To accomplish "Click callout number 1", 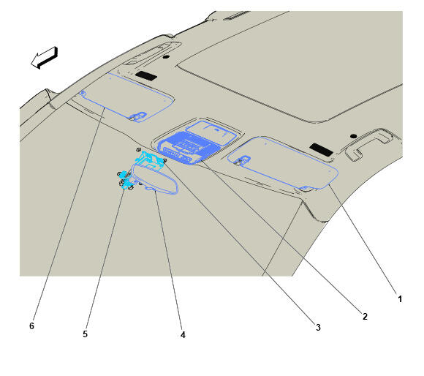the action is tap(400, 299).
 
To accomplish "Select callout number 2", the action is tap(365, 316).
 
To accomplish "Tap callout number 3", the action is tap(318, 327).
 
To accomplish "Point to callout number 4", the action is tap(183, 335).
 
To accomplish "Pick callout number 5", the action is tap(86, 334).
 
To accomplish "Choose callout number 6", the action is tap(31, 326).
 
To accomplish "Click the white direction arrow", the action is tap(45, 58).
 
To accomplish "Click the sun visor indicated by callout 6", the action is tap(126, 97).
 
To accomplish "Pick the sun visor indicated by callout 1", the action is tap(283, 163).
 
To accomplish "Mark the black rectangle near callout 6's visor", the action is tap(146, 76).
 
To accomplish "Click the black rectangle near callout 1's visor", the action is tap(321, 149).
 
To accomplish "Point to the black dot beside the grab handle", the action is tap(353, 136).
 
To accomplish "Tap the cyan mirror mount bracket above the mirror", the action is tap(151, 159).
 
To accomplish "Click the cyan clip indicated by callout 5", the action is tap(125, 180).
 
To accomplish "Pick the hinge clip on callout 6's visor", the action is tap(137, 116).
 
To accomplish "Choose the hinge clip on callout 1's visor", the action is tap(242, 160).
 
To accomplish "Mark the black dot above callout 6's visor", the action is tap(166, 57).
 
